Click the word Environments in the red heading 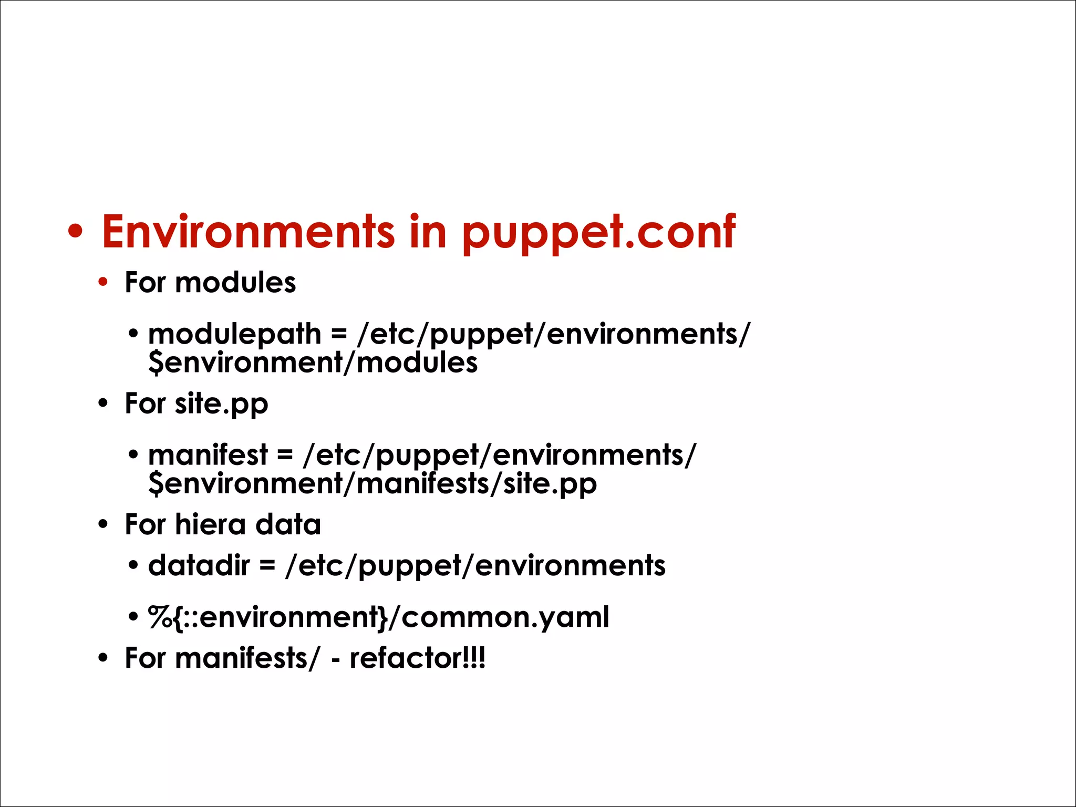[x=248, y=232]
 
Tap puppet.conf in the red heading [x=598, y=232]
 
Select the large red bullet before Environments [x=76, y=232]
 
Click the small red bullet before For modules [x=103, y=283]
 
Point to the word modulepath [x=234, y=334]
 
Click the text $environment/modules [x=313, y=363]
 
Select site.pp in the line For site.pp [x=221, y=404]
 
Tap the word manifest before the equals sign [x=208, y=455]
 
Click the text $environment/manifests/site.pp [x=373, y=483]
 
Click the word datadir [x=199, y=566]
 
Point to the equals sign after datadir [x=267, y=566]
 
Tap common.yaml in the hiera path [x=505, y=617]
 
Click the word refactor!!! [x=418, y=658]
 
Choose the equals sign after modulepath [x=339, y=335]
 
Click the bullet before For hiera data [x=103, y=524]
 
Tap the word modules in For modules [x=235, y=283]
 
